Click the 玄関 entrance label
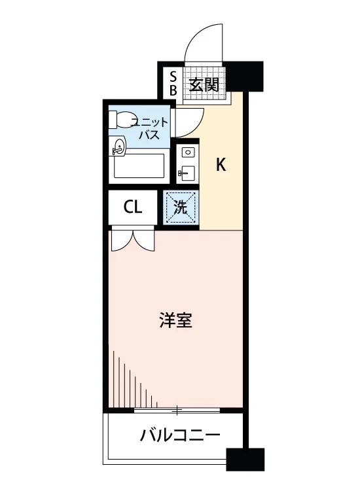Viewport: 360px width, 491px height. tap(204, 84)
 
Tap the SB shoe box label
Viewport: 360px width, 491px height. tap(173, 82)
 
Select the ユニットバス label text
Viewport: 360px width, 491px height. tap(150, 128)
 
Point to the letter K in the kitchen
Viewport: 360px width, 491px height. tap(221, 164)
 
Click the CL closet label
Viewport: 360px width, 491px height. tap(133, 207)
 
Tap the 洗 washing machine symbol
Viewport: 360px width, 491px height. tap(181, 208)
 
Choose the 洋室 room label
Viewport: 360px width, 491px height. tap(175, 319)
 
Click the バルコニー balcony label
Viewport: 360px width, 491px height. tap(180, 435)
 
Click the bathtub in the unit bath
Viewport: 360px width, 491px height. tap(139, 166)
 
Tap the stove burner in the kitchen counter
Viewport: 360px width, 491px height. tap(187, 153)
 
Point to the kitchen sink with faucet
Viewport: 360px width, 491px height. tap(187, 173)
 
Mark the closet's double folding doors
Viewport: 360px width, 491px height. tap(134, 241)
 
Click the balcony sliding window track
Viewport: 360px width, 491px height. tap(177, 410)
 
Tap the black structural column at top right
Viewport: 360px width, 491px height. tap(245, 76)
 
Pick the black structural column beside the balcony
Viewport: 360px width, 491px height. tap(245, 460)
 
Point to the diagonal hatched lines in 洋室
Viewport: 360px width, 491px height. tap(135, 379)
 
